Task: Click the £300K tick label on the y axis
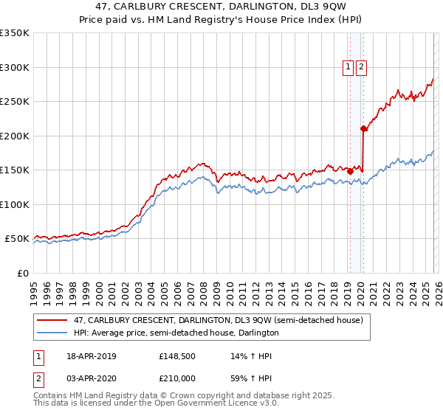coord(15,67)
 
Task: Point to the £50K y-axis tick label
coord(17,239)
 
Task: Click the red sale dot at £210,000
coord(363,129)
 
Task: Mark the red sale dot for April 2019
coord(350,171)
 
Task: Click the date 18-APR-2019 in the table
coord(91,356)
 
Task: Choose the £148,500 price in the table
coord(175,356)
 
